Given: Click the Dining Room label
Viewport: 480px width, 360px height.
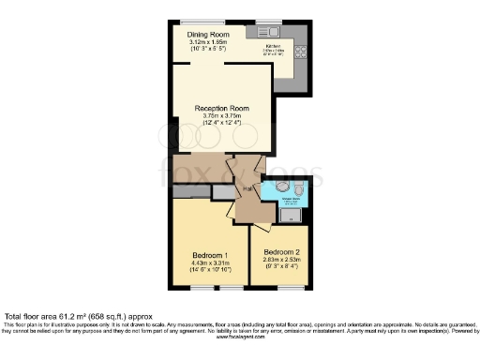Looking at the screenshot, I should click(x=208, y=36).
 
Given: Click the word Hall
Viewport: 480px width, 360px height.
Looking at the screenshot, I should click(x=247, y=189).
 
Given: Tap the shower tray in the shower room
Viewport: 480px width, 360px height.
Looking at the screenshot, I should click(x=292, y=216).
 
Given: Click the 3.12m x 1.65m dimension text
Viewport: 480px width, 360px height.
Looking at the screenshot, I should click(x=208, y=43).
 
